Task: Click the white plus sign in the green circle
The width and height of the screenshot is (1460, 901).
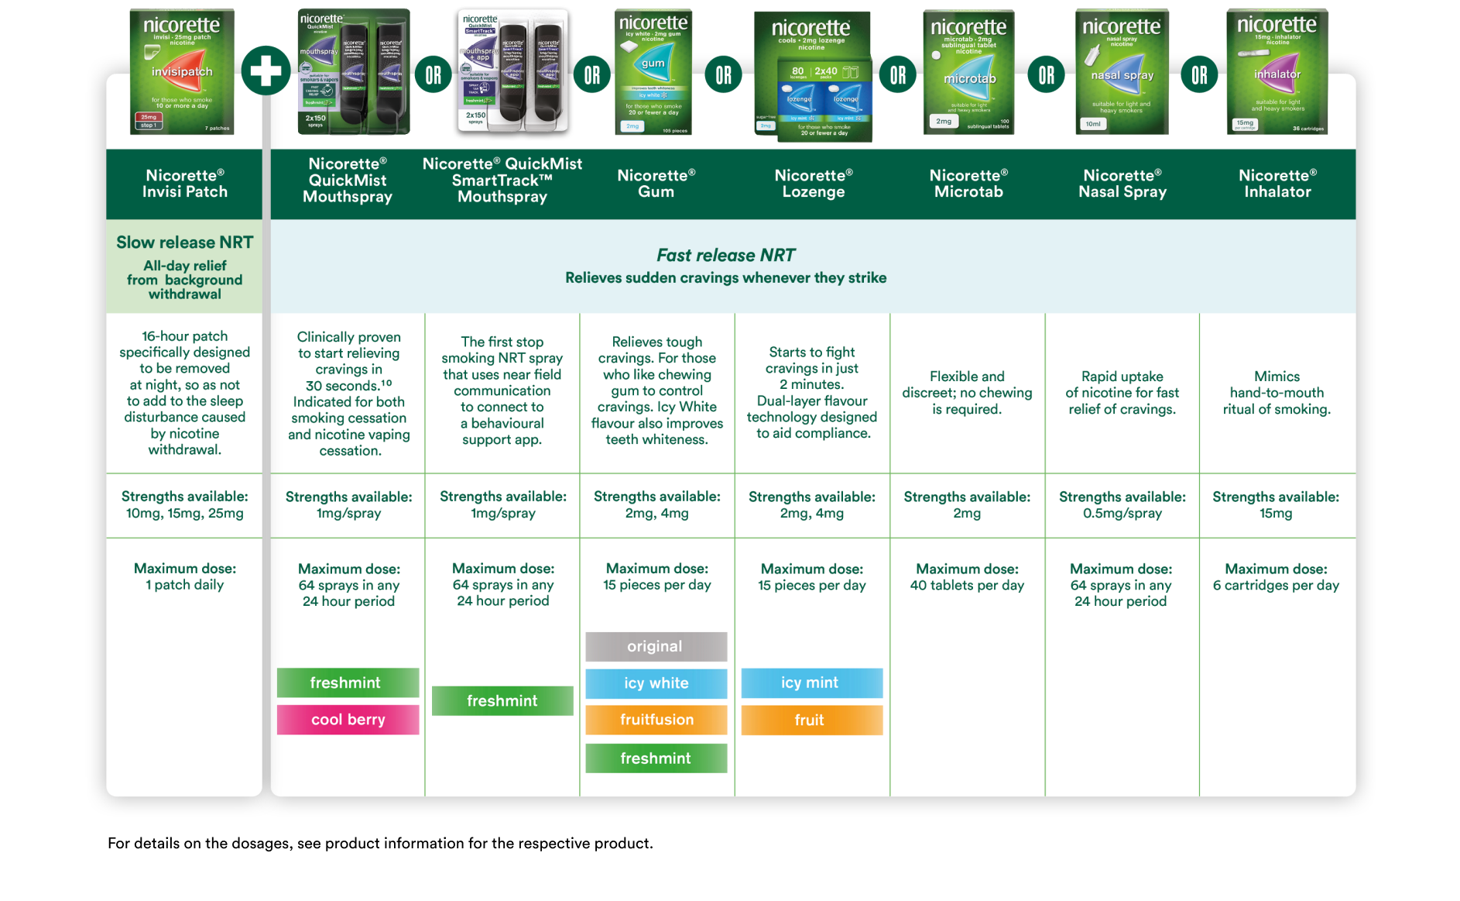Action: click(266, 71)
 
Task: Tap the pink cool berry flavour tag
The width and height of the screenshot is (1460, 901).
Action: click(348, 720)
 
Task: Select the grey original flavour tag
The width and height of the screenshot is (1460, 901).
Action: click(656, 646)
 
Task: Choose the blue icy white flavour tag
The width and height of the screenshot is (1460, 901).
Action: click(656, 683)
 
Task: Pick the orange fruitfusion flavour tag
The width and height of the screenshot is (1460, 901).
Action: click(656, 720)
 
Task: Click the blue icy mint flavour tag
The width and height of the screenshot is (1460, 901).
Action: click(811, 683)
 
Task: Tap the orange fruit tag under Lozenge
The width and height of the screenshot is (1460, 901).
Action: click(811, 720)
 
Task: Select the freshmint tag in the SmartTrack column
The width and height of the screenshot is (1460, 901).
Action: click(502, 700)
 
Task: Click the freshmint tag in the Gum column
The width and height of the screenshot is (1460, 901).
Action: click(656, 758)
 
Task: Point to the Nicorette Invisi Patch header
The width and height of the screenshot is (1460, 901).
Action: click(184, 184)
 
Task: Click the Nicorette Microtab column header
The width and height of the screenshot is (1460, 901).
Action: click(968, 184)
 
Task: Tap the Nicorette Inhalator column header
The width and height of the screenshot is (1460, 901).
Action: click(1277, 184)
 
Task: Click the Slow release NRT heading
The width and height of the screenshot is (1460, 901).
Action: click(184, 242)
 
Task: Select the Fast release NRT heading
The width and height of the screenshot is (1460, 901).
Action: click(725, 255)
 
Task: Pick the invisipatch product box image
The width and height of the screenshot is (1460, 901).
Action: click(182, 71)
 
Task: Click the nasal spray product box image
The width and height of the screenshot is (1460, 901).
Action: click(1122, 72)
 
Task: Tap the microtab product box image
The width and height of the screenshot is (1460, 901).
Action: click(968, 72)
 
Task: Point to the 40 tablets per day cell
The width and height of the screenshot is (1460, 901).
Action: click(967, 577)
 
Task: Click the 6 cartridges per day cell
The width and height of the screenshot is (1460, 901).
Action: click(1276, 577)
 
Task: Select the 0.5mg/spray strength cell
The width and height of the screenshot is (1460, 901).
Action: click(1122, 505)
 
